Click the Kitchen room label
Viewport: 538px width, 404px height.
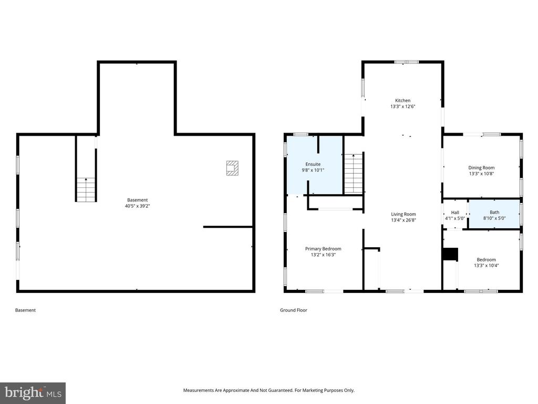403,100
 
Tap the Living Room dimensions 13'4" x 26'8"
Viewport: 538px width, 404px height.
403,220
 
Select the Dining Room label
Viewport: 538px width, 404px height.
481,167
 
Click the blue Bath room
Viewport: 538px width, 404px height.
494,215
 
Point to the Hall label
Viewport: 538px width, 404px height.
455,212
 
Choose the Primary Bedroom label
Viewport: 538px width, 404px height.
323,249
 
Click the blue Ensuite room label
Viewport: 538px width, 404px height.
313,164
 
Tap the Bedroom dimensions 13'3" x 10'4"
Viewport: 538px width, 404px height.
486,266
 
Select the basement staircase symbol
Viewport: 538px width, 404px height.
86,189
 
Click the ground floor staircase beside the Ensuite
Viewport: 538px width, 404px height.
354,174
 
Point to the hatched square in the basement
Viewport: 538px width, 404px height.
232,167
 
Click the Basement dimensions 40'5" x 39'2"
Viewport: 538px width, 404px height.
137,206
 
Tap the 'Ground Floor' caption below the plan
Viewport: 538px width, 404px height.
293,310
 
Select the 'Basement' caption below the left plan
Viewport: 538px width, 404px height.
25,310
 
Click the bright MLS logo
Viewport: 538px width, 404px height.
33,392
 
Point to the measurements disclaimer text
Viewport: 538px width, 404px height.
268,390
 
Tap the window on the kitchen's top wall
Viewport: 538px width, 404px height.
407,62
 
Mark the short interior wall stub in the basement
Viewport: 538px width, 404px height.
227,227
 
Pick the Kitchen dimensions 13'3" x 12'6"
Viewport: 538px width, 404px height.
403,107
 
